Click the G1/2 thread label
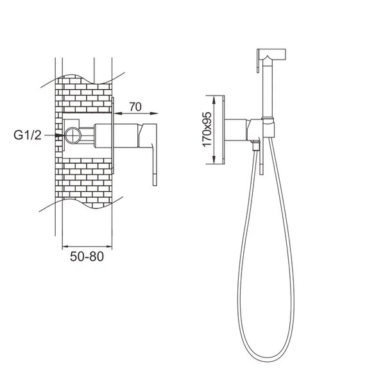click(x=28, y=135)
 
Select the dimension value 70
click(x=135, y=107)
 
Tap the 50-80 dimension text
click(x=87, y=256)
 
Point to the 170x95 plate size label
click(x=207, y=129)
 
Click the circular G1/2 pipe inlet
click(x=73, y=135)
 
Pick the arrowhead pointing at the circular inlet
click(x=60, y=135)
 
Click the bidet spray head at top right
click(x=271, y=56)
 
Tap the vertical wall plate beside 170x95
click(x=224, y=130)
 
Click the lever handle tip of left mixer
click(x=155, y=180)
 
